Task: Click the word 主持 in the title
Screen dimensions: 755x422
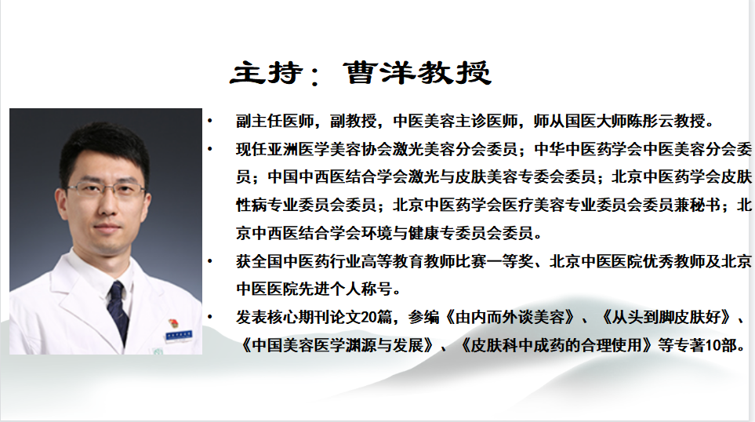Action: coord(267,73)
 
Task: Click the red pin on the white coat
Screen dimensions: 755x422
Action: coord(172,324)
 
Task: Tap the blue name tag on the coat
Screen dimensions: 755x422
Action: coord(178,334)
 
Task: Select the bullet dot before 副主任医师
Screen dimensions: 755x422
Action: coord(209,121)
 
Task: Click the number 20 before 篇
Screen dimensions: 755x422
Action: coord(368,317)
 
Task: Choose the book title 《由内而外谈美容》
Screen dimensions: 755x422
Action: coord(510,317)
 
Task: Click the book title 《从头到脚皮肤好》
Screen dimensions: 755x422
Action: coord(666,317)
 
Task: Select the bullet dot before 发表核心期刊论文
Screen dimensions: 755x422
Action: coord(209,317)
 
